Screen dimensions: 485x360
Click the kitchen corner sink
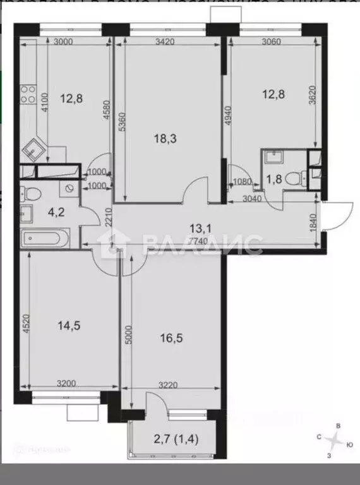[33, 150]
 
